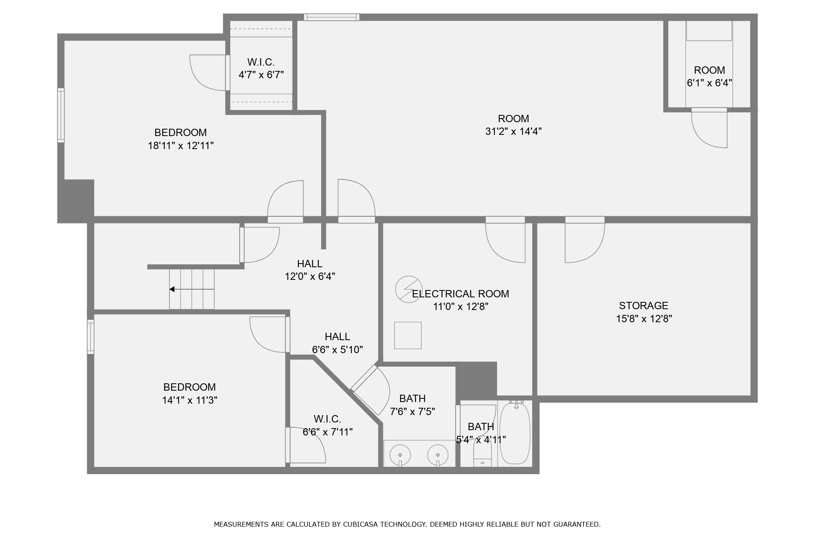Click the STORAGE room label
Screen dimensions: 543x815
tap(643, 306)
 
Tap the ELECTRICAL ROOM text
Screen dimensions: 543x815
tap(460, 294)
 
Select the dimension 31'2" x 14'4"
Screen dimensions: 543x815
tap(513, 131)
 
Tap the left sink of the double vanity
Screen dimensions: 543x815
tap(400, 455)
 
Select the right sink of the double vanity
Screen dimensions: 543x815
tap(438, 455)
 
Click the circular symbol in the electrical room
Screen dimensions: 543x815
tap(408, 289)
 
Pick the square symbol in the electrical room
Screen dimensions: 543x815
tap(407, 335)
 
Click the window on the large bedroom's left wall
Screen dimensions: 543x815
tap(61, 115)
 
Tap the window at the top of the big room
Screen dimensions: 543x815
tap(332, 17)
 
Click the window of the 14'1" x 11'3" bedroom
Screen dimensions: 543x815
tap(90, 337)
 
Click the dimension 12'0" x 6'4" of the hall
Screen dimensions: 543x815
tap(310, 276)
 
